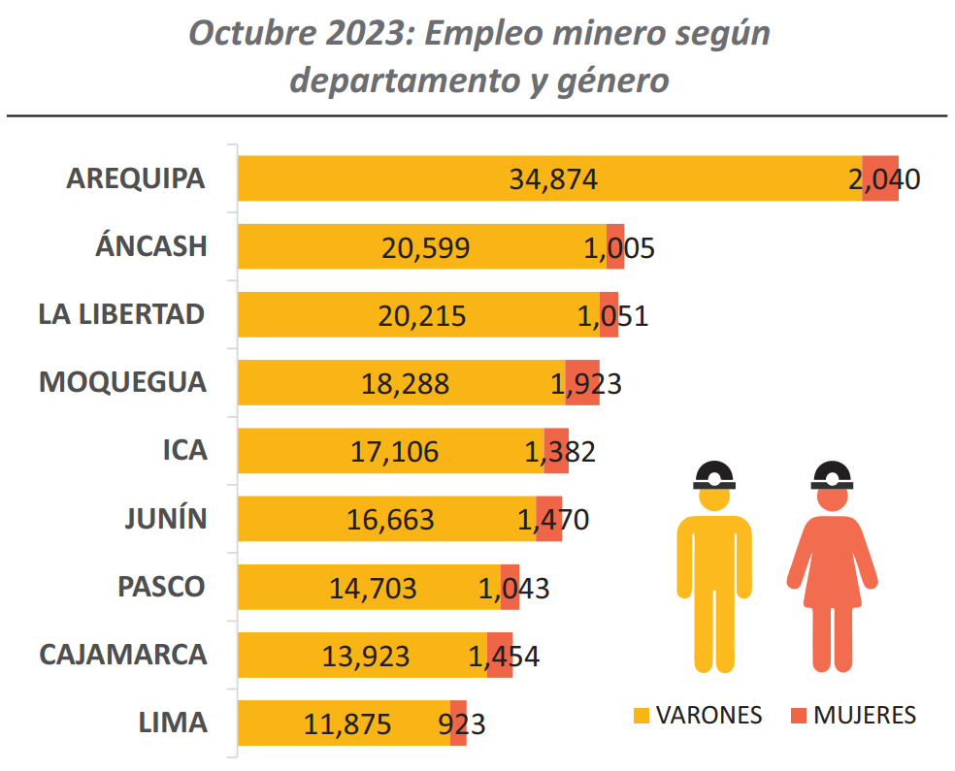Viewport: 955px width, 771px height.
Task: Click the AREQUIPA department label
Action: [x=136, y=178]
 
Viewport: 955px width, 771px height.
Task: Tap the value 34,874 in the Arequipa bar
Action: [x=552, y=179]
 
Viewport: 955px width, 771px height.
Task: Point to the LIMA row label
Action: [x=173, y=723]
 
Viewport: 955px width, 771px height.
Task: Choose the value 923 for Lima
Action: [x=462, y=724]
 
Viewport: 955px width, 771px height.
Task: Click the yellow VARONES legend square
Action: [x=641, y=716]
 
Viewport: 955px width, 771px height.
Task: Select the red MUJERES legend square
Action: [x=799, y=716]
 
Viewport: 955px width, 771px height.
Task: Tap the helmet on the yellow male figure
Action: [x=714, y=473]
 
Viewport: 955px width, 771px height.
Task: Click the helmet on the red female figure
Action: [x=833, y=473]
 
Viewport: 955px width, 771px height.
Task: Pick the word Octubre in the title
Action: [x=247, y=33]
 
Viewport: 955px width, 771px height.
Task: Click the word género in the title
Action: [x=613, y=80]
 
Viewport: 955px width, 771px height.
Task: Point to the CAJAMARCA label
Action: [x=123, y=654]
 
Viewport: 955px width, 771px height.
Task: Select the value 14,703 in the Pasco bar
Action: [x=373, y=588]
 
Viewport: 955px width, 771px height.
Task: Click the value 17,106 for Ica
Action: [x=394, y=451]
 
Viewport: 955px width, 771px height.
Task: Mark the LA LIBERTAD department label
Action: [x=122, y=314]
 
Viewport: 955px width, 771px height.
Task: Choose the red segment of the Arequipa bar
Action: [x=880, y=178]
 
